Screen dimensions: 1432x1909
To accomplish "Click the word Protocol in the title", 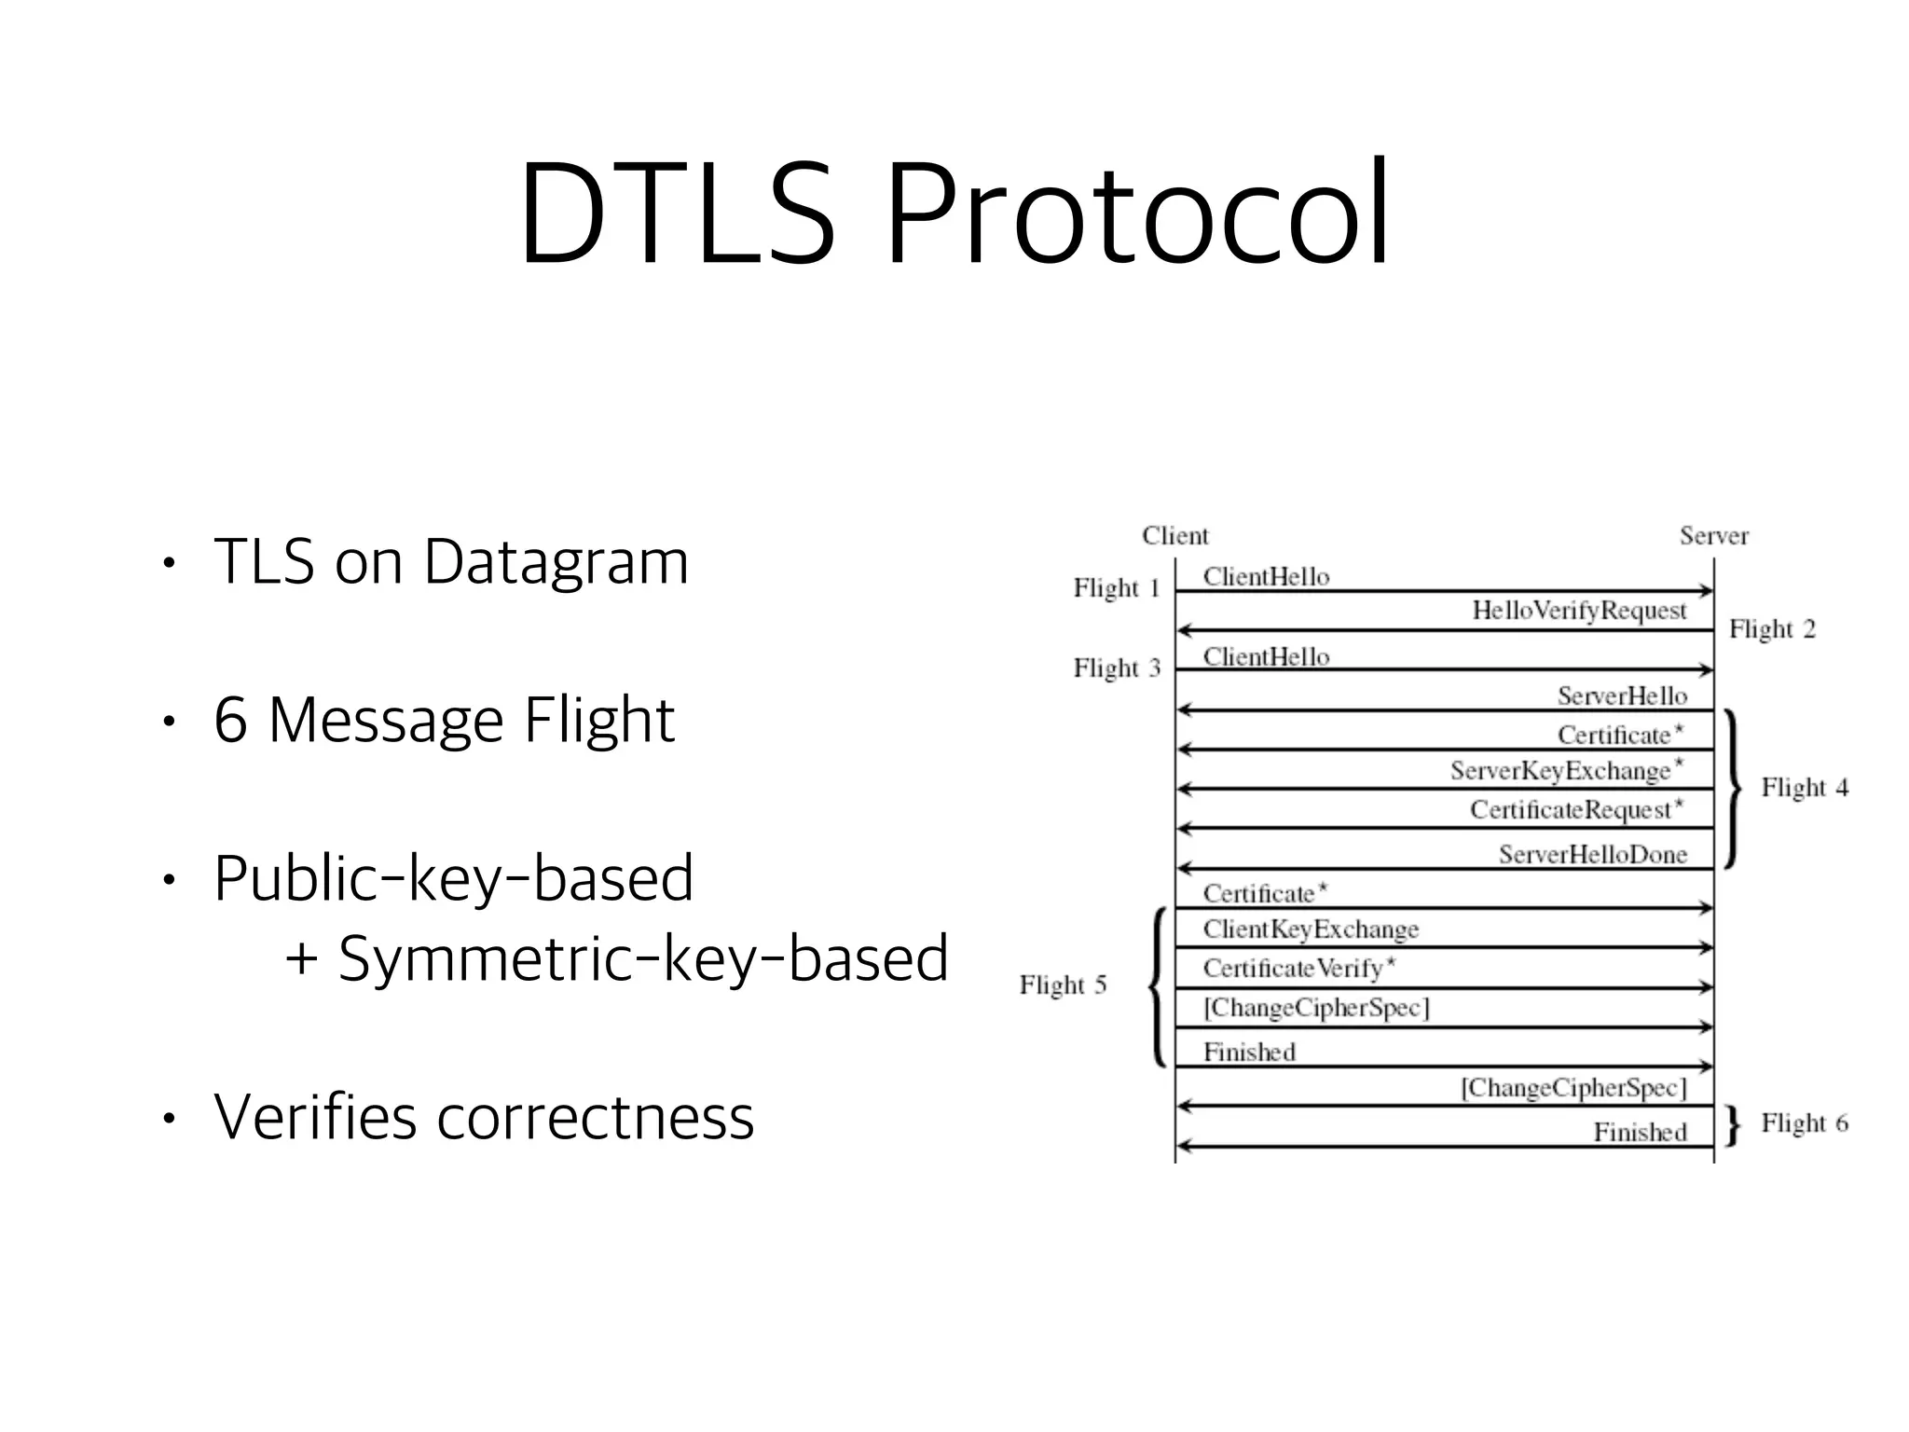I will point(1136,216).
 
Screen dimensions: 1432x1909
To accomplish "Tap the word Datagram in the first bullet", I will point(556,562).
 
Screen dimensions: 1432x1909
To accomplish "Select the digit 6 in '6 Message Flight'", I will point(230,720).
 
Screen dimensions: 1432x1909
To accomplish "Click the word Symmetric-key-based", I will point(642,958).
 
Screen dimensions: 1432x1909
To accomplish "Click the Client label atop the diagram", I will point(1174,536).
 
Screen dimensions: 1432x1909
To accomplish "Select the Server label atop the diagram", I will point(1713,536).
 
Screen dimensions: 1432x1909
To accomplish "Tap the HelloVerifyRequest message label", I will point(1579,611).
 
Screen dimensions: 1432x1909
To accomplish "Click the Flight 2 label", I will point(1772,629).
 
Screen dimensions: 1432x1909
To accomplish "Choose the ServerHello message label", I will point(1622,696).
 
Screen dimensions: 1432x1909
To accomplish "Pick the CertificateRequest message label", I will point(1576,810).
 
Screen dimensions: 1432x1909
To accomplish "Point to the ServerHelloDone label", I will point(1592,855).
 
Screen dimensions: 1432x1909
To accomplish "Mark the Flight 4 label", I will point(1804,788).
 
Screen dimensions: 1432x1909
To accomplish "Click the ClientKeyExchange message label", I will point(1311,929).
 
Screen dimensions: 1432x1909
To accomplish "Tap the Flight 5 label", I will point(1063,985).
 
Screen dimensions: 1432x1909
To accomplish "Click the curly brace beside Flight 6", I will point(1732,1126).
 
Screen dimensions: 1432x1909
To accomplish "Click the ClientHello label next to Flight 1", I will point(1266,577).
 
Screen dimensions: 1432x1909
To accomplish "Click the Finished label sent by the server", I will point(1640,1133).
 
